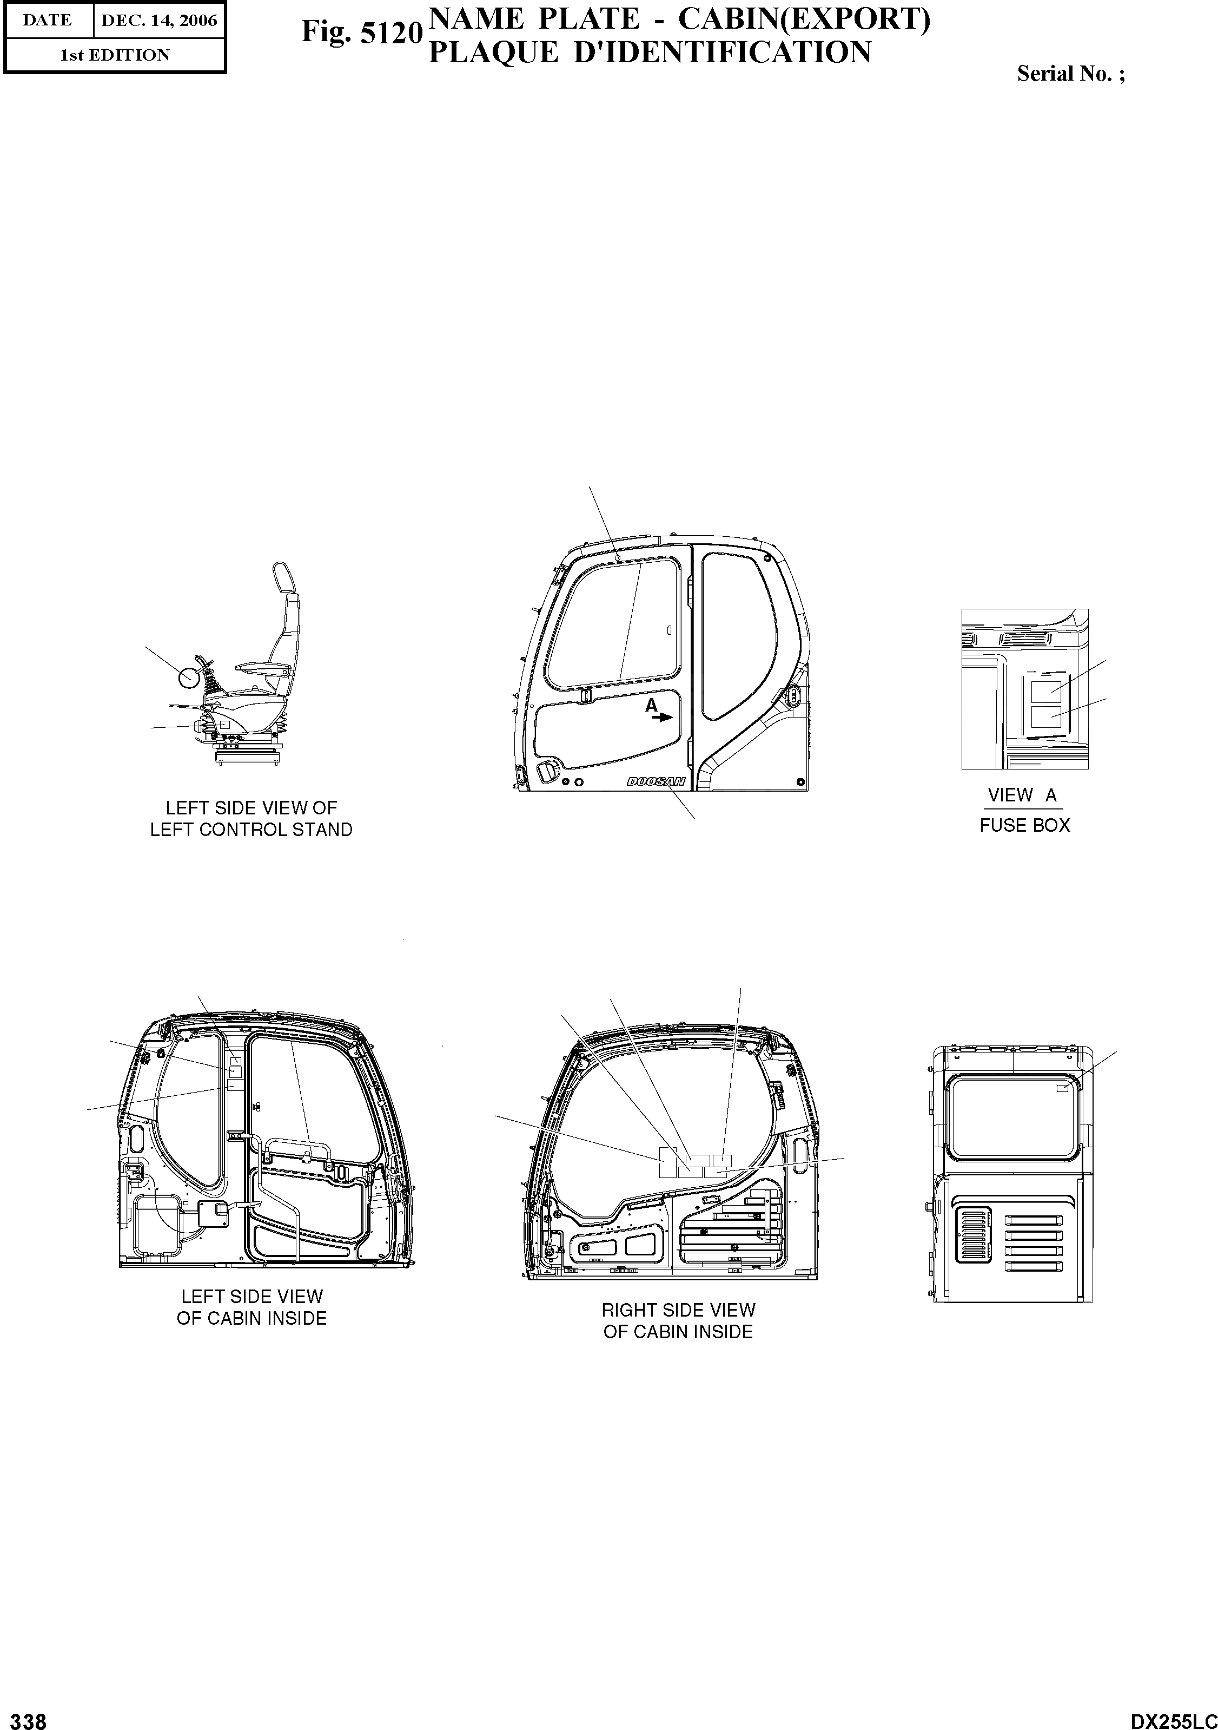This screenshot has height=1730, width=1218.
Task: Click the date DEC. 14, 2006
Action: coord(159,21)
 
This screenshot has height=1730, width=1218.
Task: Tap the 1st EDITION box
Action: coord(115,55)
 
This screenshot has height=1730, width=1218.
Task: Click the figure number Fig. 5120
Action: coord(361,33)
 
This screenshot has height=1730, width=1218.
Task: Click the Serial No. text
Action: coord(1070,74)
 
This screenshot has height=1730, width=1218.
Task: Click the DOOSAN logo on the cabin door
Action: coord(656,782)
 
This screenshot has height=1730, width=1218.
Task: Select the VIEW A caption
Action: coord(1022,795)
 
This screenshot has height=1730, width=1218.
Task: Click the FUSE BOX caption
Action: coord(1024,826)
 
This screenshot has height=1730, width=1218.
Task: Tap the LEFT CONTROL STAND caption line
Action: coord(251,830)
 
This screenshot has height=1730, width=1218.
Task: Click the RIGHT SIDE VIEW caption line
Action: coord(678,1310)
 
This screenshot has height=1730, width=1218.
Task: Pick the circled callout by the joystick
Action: coord(188,677)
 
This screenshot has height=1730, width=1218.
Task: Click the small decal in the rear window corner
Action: coord(1063,1088)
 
